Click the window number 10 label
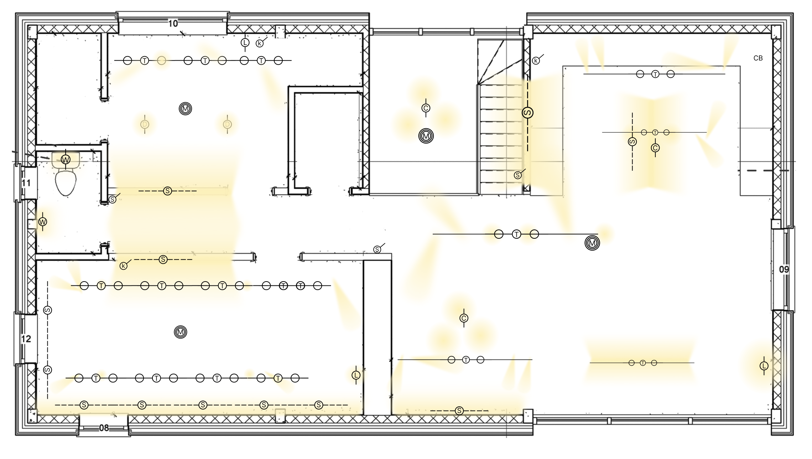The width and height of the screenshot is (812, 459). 173,24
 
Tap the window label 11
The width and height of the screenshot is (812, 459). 26,183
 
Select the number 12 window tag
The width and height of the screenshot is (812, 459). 26,339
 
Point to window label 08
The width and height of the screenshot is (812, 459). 104,428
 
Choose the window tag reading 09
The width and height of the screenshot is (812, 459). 784,269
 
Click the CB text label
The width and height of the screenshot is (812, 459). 758,58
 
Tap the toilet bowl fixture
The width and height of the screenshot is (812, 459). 66,182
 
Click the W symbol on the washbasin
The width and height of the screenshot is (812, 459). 66,160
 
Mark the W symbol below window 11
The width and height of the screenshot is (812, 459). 43,222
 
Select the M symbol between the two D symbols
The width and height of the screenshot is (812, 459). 185,108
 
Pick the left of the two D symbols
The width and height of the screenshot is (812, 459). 145,124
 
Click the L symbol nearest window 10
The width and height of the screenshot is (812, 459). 245,43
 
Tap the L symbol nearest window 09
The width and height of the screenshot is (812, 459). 764,366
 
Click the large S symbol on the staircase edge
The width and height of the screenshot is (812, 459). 528,113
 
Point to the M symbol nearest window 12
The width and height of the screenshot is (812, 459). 181,332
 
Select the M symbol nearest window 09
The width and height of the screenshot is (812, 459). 592,243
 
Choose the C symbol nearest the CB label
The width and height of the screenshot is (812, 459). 655,148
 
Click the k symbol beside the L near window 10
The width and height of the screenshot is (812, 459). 260,43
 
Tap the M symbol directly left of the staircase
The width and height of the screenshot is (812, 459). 426,136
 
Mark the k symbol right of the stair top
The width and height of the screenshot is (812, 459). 536,61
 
